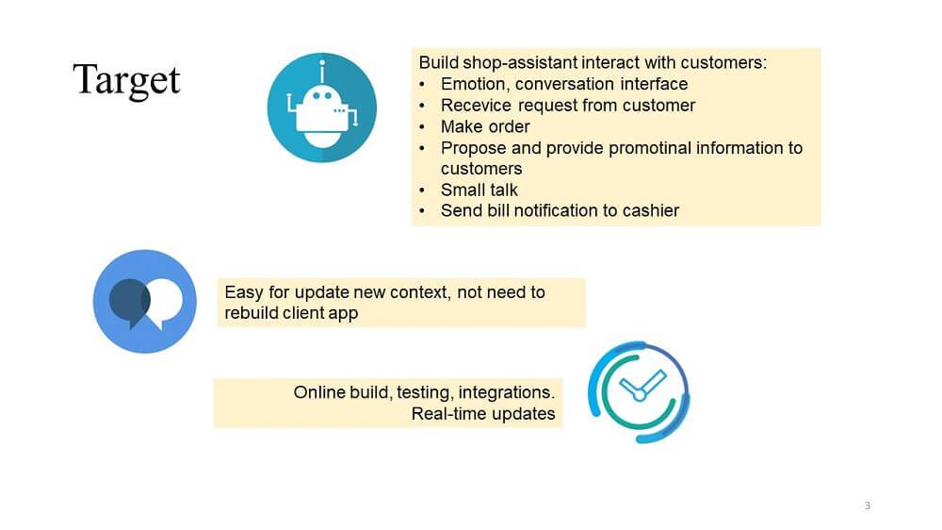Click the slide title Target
[x=126, y=80]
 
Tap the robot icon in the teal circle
[x=322, y=108]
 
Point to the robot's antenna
[x=322, y=72]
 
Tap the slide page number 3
[x=868, y=505]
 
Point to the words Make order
[x=485, y=127]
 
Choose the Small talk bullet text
[x=479, y=190]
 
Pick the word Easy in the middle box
[x=244, y=293]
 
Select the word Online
[x=319, y=392]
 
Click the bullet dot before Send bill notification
[x=422, y=211]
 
